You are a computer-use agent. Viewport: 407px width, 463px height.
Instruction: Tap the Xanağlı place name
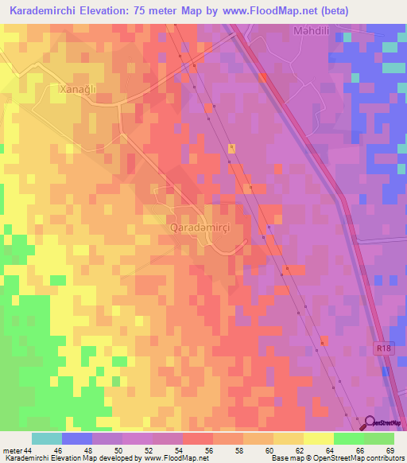coord(78,90)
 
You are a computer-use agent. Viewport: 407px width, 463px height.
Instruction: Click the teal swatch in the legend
coord(46,438)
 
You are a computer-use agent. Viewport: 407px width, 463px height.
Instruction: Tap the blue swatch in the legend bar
coord(76,438)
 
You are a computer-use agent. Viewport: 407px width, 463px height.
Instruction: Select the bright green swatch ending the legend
coord(378,438)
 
